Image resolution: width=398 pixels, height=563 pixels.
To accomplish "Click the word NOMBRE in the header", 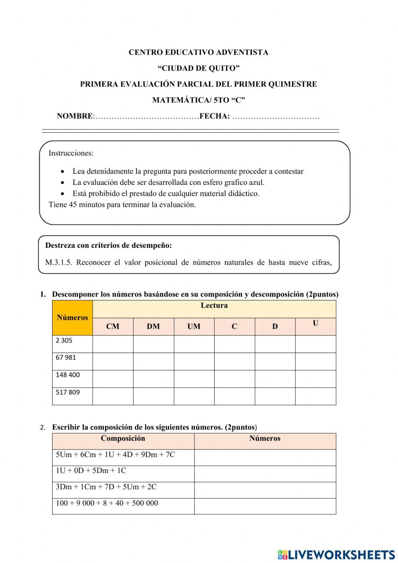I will pos(74,116).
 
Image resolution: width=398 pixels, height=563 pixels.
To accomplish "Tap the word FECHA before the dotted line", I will pos(215,116).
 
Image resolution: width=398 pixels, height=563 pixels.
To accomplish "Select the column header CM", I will pos(113,327).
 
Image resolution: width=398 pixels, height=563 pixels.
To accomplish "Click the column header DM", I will pos(153,327).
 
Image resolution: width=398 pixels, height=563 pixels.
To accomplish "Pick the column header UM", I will pos(194,327).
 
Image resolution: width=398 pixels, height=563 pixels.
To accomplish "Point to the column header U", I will pos(315,324).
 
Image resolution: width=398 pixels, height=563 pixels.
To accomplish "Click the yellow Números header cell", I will pos(72,318).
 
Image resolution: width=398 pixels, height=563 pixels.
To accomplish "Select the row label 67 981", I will pos(66,357).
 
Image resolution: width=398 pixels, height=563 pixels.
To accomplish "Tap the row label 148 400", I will pos(68,375).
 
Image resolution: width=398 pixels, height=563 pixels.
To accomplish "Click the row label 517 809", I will pos(68,392).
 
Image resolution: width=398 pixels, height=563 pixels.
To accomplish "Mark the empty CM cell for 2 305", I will pos(113,344).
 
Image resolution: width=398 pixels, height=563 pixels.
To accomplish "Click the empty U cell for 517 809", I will pos(315,396).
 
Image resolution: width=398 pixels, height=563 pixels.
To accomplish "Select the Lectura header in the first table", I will pos(214,306).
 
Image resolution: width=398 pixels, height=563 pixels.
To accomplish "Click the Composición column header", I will pos(123,439).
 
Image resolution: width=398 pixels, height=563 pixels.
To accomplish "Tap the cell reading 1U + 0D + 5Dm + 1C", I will pos(91,471).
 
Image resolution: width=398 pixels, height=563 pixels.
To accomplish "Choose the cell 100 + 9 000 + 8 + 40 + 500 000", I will pos(107,503).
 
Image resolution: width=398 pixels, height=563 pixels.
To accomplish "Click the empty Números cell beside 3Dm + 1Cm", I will pos(265,490).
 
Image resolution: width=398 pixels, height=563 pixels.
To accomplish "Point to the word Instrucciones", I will pos(71,153).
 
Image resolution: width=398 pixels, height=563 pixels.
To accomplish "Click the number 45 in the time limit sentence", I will pos(73,205).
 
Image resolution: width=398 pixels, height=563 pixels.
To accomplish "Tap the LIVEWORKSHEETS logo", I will pos(336,554).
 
